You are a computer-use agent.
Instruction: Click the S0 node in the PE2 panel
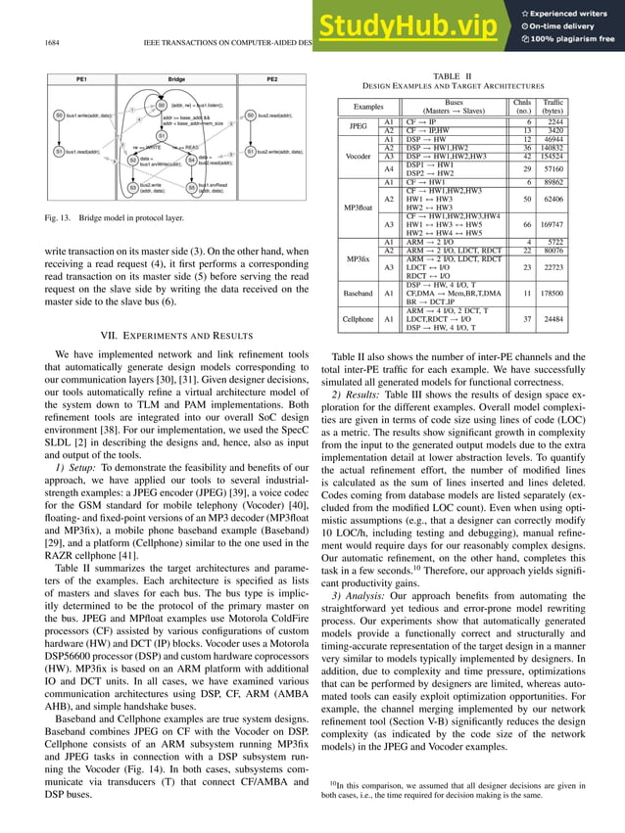point(251,116)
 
